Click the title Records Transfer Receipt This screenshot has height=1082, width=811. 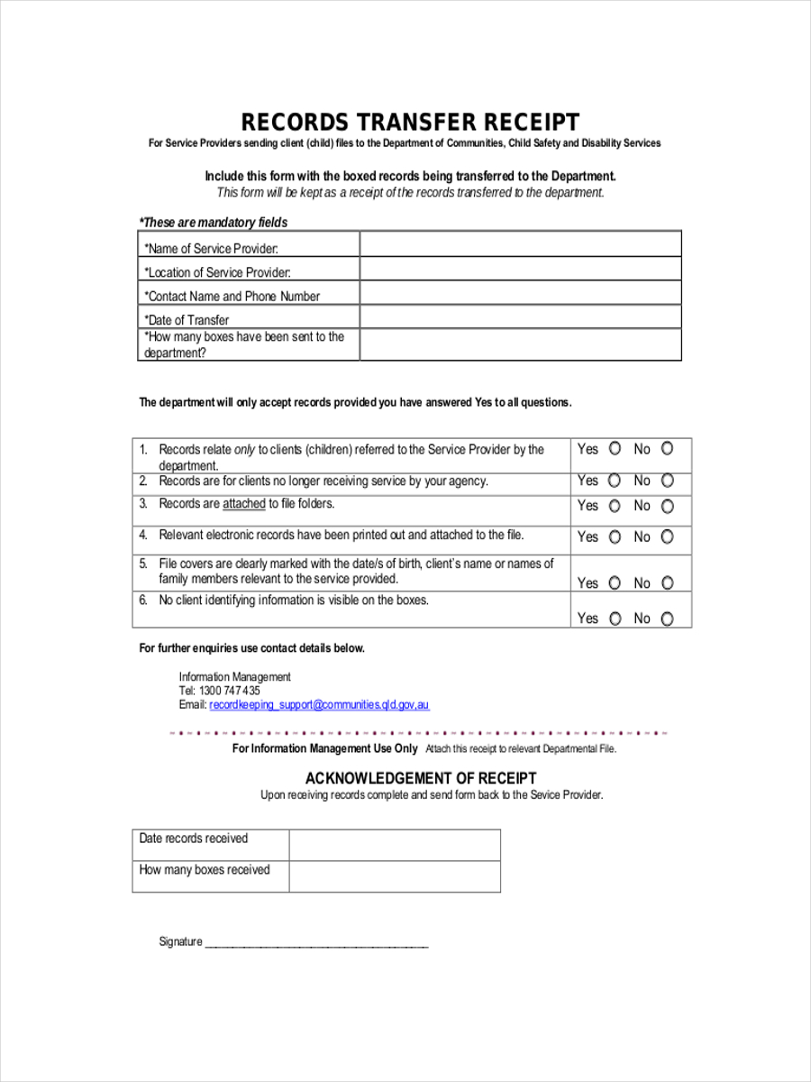tap(410, 122)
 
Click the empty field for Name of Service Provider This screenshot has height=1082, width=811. tap(520, 244)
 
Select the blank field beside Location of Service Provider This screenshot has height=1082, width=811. tap(520, 269)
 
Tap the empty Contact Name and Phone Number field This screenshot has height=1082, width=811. tap(520, 292)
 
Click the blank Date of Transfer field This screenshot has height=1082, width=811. tap(520, 316)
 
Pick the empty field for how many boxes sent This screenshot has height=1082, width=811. tap(520, 344)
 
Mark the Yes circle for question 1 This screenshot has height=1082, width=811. tap(615, 449)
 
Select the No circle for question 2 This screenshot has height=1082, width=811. tap(668, 481)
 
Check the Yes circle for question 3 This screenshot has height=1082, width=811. tap(615, 507)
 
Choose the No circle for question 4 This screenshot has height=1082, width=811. tap(668, 537)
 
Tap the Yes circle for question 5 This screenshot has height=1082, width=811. tap(615, 583)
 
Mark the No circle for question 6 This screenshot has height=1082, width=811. tap(668, 619)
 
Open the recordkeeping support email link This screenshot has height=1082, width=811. tap(319, 705)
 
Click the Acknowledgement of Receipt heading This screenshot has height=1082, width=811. tap(421, 778)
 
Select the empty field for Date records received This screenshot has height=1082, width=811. tap(394, 846)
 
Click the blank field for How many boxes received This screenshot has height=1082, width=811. tap(394, 876)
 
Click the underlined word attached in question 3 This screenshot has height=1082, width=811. tap(244, 504)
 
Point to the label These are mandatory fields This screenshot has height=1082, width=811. tap(214, 223)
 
